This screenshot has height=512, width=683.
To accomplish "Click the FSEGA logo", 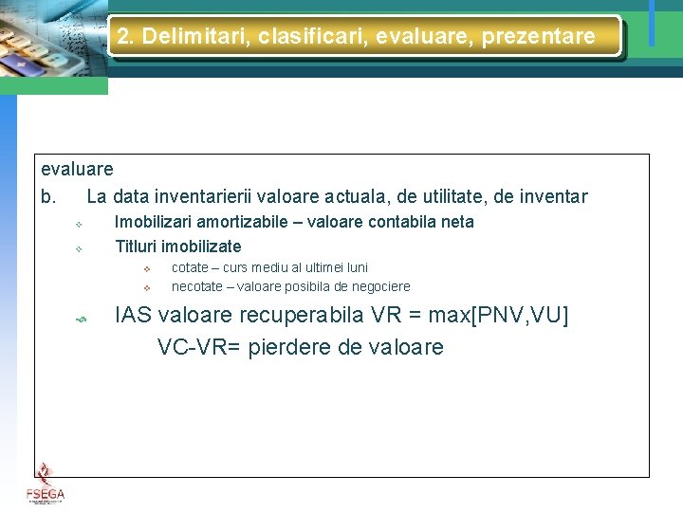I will [x=45, y=484].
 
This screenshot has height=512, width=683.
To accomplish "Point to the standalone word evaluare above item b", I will [x=77, y=169].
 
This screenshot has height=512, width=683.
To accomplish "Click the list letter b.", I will [x=47, y=197].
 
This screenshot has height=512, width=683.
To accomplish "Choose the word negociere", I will [x=378, y=286].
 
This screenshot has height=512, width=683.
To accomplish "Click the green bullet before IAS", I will [x=82, y=319].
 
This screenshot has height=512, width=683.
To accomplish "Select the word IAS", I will [x=134, y=316].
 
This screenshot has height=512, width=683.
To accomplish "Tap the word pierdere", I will [x=289, y=347].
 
